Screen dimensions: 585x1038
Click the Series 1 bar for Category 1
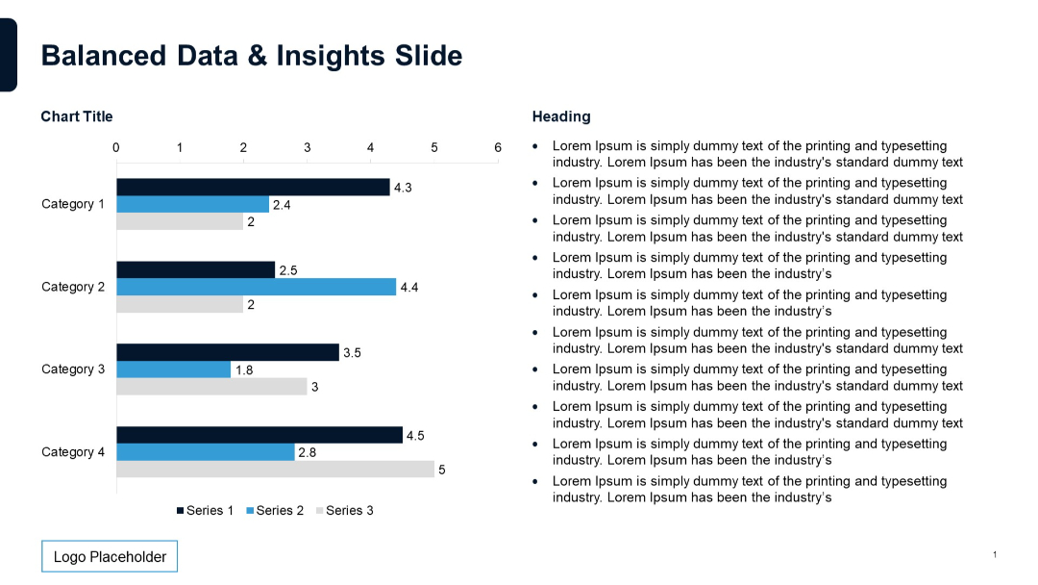coord(253,187)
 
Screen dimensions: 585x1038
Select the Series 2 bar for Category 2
coord(256,287)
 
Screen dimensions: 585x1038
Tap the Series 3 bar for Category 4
coord(275,470)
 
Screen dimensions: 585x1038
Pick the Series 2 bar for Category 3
coord(174,369)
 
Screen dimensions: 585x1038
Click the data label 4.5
coord(415,436)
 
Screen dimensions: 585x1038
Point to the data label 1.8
coord(244,370)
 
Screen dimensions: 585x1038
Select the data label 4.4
coord(408,288)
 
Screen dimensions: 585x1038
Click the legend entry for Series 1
coord(205,511)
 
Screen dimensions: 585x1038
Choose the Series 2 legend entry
coord(275,511)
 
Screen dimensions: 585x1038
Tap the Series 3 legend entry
coord(345,511)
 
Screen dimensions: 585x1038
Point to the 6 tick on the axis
coord(498,147)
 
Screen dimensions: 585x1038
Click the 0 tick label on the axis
coord(116,147)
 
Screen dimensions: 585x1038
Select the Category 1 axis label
coord(73,204)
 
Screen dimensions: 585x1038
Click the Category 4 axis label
coord(73,452)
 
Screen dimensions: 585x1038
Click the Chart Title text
coord(77,116)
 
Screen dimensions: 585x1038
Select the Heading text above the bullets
coord(561,116)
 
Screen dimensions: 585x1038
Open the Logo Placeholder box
coord(110,557)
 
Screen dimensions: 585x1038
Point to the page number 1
coord(995,554)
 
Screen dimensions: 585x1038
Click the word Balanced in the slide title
coord(104,56)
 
